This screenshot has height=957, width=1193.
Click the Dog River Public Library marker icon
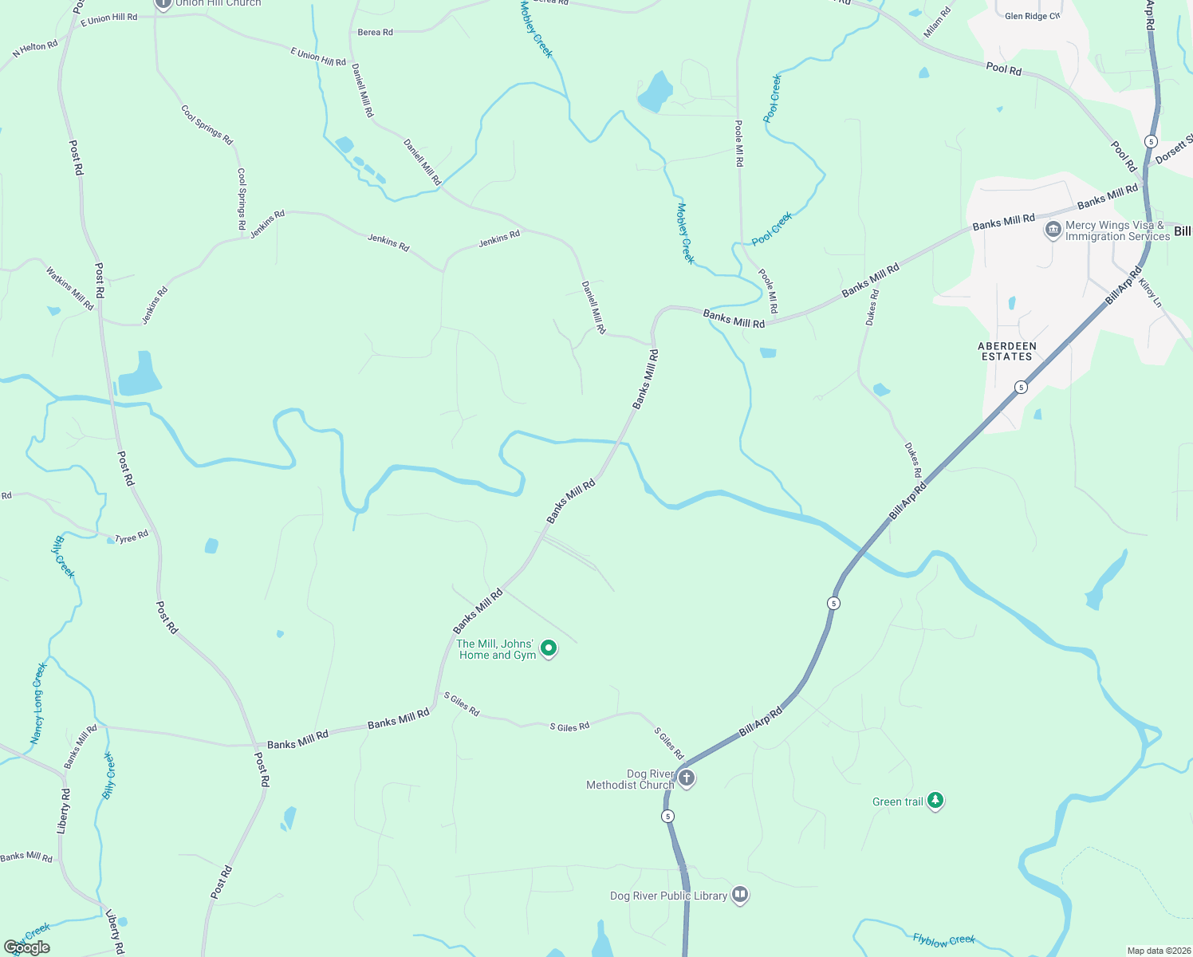tap(740, 895)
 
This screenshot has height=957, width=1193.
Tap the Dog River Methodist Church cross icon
tap(687, 778)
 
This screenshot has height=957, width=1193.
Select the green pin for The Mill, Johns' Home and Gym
tap(549, 648)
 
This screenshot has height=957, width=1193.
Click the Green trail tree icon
tap(935, 801)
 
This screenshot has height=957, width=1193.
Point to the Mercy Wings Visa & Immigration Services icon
tap(1053, 230)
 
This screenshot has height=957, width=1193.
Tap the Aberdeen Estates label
tap(1007, 352)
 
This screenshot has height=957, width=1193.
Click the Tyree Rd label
tap(132, 538)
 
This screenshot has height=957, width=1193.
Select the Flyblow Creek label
tap(944, 940)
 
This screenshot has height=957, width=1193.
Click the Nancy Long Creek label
tap(38, 703)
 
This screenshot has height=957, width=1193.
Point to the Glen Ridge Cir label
tap(1032, 16)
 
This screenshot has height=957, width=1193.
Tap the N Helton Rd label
tap(35, 49)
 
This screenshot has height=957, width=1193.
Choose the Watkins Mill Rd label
tap(70, 288)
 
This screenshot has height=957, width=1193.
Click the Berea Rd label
tap(375, 33)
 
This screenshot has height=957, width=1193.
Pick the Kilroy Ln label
tap(1151, 293)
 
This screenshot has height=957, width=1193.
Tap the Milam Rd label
tap(938, 22)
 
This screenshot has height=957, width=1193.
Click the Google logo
tap(27, 947)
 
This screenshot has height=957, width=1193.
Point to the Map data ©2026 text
tap(1157, 951)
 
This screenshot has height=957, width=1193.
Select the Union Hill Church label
tap(218, 3)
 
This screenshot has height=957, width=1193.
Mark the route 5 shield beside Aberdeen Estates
tap(1021, 388)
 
